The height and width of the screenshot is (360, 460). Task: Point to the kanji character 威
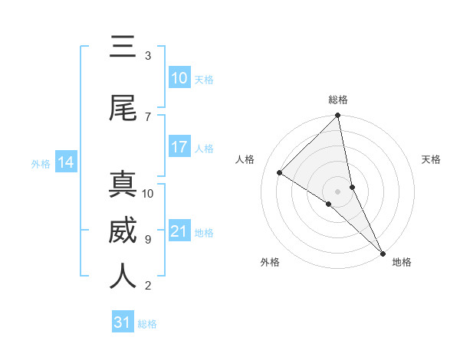tap(123, 231)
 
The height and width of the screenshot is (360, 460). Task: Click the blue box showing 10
tap(179, 78)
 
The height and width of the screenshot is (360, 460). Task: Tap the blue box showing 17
tap(179, 147)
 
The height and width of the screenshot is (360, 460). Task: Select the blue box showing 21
tap(179, 231)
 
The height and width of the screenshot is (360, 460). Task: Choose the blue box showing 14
tap(65, 162)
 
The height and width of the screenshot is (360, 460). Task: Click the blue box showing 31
tap(123, 322)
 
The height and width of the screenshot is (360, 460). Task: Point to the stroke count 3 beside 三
tap(148, 56)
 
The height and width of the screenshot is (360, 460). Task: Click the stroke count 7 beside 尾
tap(148, 116)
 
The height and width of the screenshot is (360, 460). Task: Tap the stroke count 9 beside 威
tap(148, 239)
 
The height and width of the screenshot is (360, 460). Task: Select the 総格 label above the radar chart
tap(338, 100)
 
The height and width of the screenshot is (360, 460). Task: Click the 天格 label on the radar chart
tap(431, 159)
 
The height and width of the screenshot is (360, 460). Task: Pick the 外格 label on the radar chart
tap(269, 262)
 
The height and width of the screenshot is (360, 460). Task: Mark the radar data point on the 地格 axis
tap(383, 252)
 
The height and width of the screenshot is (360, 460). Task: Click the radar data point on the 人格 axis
tap(280, 172)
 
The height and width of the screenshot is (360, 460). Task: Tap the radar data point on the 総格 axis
tap(338, 116)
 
